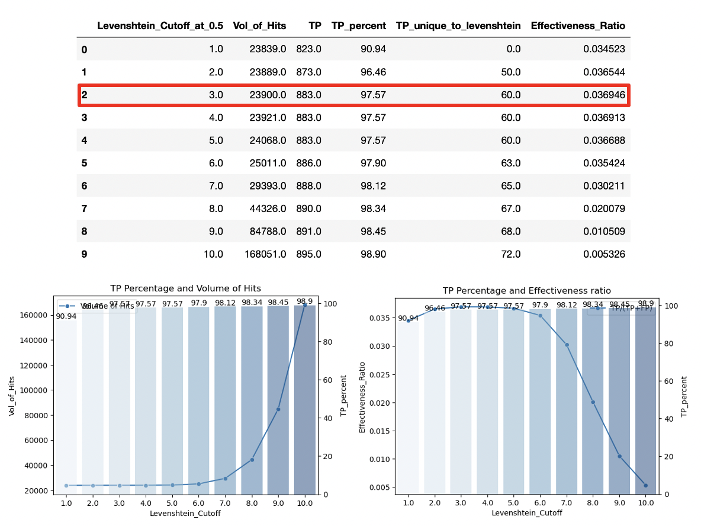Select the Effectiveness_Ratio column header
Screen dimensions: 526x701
(578, 25)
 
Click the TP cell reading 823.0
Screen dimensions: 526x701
(308, 49)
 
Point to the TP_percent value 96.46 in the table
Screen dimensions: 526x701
(373, 72)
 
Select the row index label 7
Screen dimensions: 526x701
(84, 209)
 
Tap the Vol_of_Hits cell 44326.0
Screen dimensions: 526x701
(265, 209)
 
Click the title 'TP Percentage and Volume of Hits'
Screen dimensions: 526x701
(185, 288)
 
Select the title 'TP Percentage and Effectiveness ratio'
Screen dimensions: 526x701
(526, 291)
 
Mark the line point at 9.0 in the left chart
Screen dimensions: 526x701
(278, 409)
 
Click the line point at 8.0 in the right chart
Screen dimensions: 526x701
(592, 402)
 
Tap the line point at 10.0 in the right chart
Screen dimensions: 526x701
(645, 485)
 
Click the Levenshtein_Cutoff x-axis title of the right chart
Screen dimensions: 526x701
(526, 513)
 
